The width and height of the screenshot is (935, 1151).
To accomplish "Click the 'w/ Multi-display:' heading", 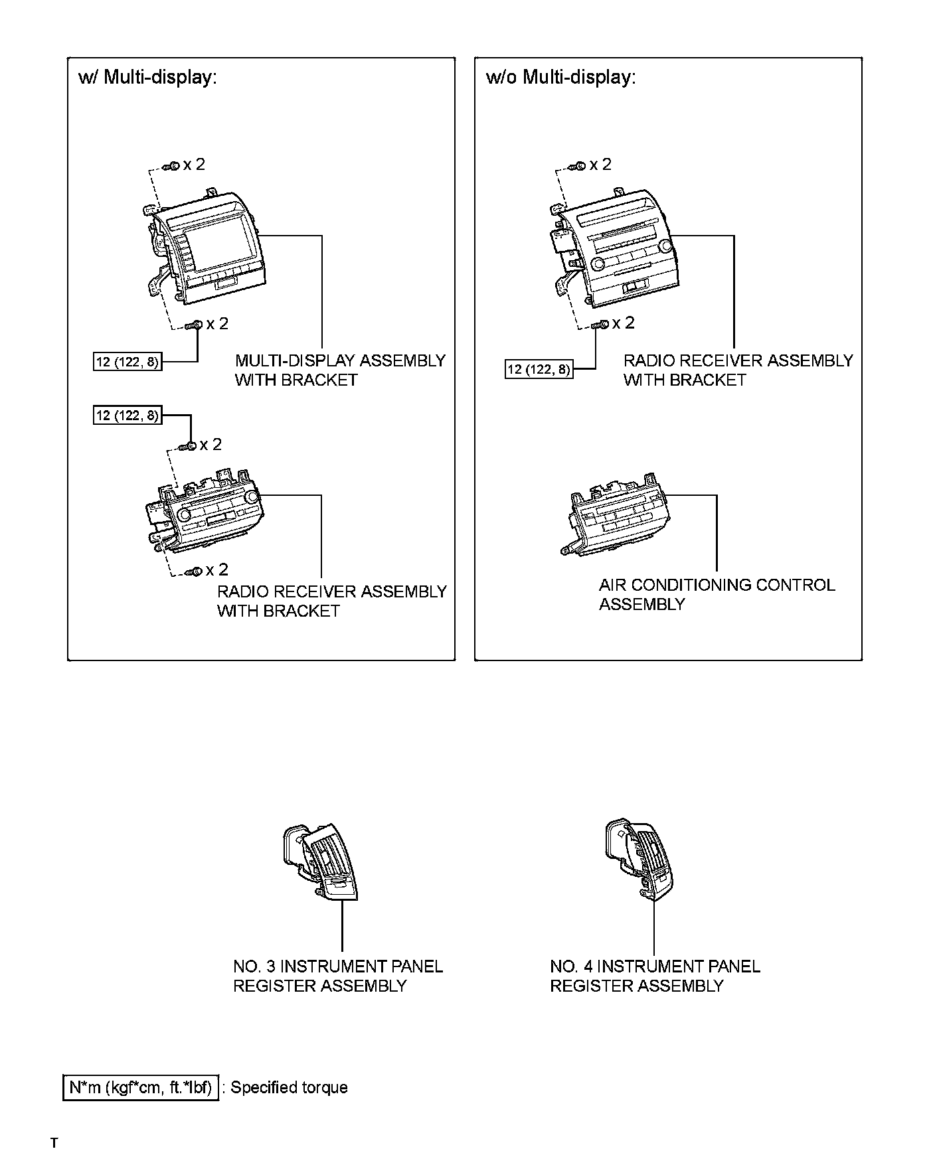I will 147,78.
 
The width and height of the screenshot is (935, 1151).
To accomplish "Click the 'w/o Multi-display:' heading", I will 561,78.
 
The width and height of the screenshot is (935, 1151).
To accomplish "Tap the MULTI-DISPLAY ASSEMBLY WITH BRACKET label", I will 340,370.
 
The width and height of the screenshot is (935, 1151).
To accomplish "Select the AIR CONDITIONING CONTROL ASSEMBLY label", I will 717,594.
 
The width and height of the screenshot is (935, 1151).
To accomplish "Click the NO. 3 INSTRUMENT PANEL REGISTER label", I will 337,976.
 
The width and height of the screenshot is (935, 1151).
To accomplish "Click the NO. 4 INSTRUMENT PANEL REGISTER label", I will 655,976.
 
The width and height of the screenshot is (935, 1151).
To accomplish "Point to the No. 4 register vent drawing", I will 637,860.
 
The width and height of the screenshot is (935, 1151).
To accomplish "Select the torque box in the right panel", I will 539,369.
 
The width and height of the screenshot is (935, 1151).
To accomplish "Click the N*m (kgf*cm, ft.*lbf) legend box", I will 140,1087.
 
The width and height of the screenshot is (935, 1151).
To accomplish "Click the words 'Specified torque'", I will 289,1087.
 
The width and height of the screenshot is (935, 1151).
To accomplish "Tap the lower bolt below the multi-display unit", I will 195,325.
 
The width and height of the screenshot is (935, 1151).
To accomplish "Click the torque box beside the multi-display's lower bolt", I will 127,362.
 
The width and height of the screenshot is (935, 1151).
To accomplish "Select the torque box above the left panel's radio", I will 127,416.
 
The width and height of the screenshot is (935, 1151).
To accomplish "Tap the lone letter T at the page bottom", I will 54,1142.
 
